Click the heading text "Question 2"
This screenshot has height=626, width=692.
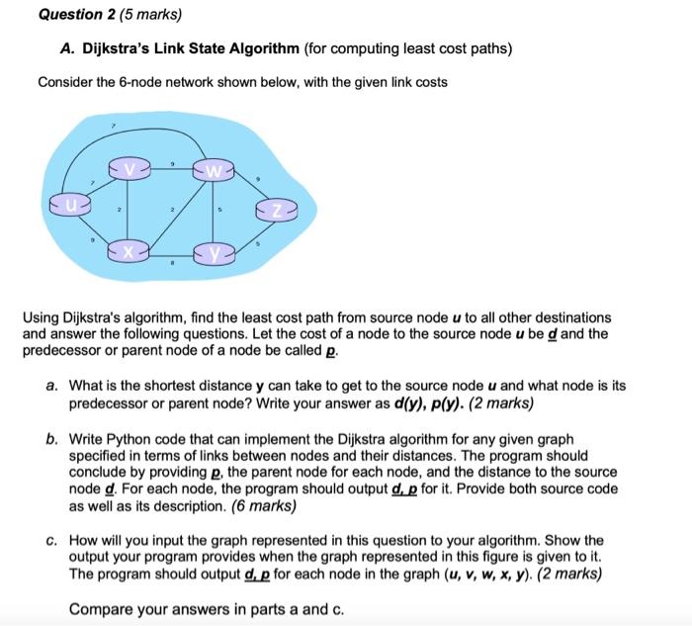(x=74, y=15)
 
